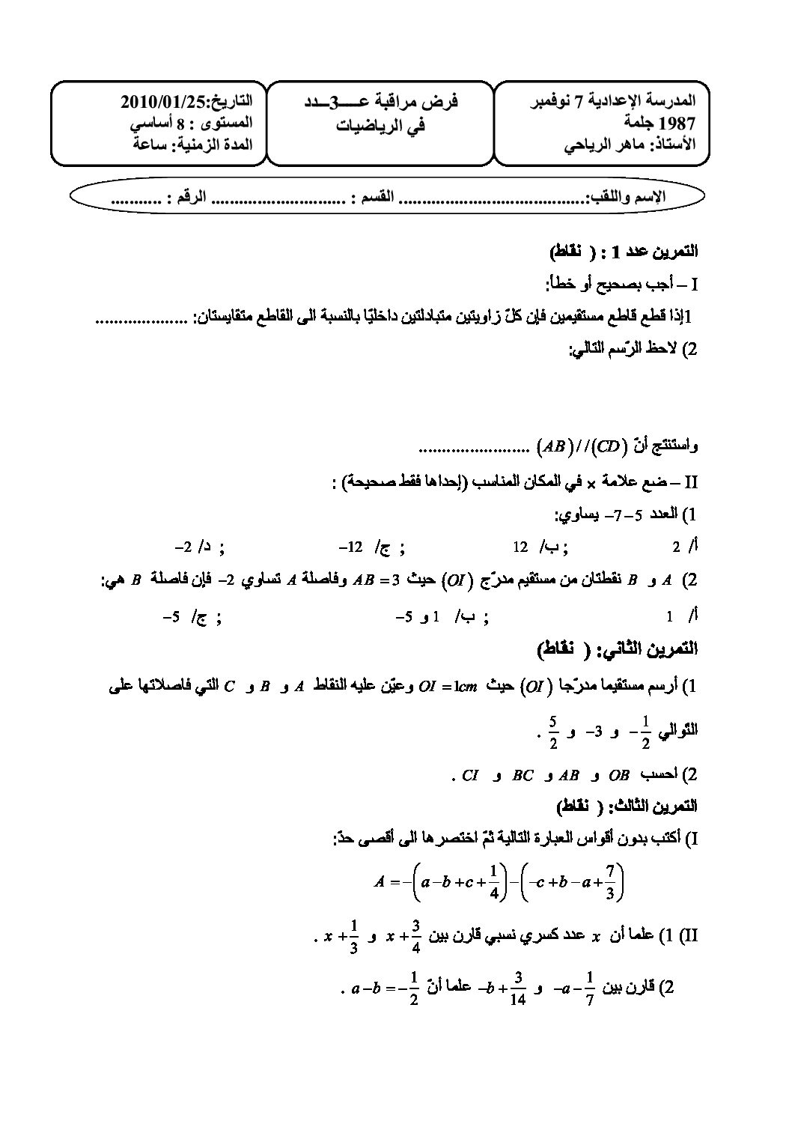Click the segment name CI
click(470, 775)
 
